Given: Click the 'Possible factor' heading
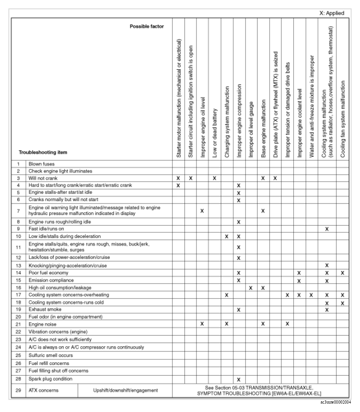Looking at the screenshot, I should (x=147, y=27).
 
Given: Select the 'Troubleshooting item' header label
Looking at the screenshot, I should (x=43, y=152).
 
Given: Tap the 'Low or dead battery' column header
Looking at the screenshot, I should (x=214, y=134).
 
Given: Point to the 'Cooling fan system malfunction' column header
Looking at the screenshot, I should (x=343, y=120).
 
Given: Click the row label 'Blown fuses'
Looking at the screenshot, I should (x=41, y=164).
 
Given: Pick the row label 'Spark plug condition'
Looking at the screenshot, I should (x=52, y=379).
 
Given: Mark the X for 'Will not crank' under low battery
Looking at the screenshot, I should (x=214, y=178).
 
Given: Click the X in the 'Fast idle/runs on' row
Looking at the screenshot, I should (x=327, y=229).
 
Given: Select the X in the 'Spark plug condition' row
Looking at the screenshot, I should (x=238, y=379).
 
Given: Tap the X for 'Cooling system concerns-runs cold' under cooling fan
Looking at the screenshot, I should (x=343, y=303).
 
